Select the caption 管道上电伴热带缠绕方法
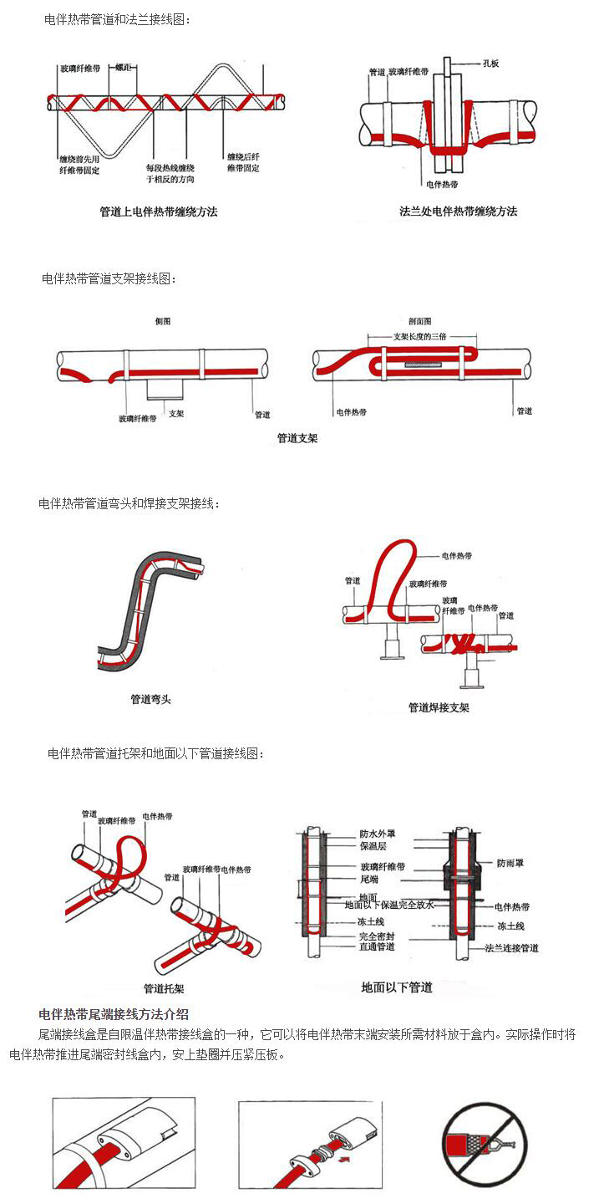pyautogui.click(x=158, y=212)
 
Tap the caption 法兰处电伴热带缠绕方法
pyautogui.click(x=458, y=212)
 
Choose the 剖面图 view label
pyautogui.click(x=419, y=321)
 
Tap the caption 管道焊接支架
pyautogui.click(x=439, y=707)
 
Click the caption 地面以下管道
pyautogui.click(x=397, y=987)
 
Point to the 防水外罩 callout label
pyautogui.click(x=378, y=834)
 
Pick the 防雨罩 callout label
pyautogui.click(x=510, y=862)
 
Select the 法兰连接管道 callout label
pyautogui.click(x=511, y=948)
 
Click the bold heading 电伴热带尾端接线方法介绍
pyautogui.click(x=114, y=1015)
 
